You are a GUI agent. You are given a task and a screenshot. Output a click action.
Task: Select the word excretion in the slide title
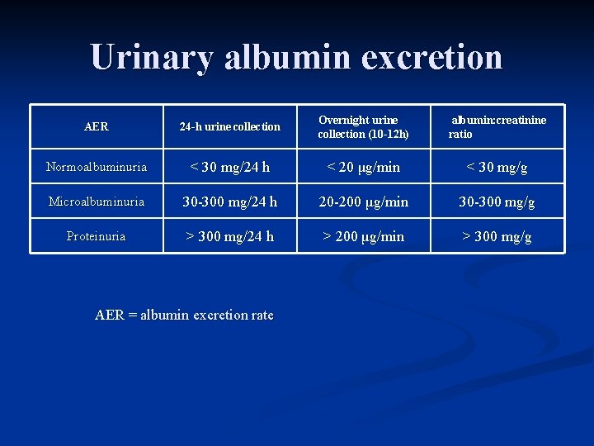435,58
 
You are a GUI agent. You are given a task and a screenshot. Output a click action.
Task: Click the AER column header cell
97,127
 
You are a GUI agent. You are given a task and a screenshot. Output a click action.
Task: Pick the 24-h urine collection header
230,127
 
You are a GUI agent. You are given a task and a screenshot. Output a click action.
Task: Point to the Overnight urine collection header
363,127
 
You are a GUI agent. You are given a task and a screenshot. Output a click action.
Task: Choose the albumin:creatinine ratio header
497,127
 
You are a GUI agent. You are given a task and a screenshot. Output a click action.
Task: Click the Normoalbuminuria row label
97,168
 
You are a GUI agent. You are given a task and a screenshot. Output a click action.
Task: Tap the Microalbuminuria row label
97,202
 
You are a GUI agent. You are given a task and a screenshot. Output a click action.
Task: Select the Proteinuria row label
97,236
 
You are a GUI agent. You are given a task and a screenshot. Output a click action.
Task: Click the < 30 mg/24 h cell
230,168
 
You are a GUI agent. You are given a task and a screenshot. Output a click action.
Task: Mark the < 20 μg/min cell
363,168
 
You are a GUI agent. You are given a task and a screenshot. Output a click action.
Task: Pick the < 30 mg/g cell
497,168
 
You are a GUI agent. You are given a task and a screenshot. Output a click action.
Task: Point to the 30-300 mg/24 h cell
230,202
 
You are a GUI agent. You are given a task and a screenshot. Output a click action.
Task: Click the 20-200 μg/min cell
363,202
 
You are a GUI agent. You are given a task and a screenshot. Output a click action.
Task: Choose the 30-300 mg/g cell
497,202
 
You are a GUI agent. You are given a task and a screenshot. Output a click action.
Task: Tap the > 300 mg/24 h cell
230,237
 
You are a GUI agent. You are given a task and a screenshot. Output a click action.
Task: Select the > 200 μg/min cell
363,237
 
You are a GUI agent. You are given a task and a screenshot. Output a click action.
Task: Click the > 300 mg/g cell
497,237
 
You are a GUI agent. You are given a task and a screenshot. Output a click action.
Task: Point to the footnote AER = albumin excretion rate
184,315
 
